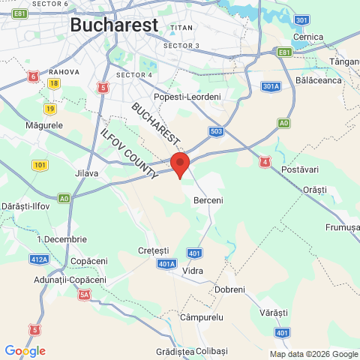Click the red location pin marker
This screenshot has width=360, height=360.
coord(179,164)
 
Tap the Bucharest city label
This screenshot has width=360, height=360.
coord(114,25)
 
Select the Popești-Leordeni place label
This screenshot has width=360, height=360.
coord(187,97)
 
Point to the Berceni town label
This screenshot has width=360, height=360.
coord(208,201)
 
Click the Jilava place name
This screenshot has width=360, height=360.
coord(87,173)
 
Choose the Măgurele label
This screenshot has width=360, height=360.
coord(43,124)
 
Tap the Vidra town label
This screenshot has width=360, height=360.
coord(193,270)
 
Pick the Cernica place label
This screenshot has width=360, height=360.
coord(308,37)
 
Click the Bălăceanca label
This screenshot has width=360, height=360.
coord(319,79)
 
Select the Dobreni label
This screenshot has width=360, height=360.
coord(229,289)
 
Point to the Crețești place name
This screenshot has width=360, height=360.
coord(154,250)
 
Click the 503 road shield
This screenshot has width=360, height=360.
coord(216,131)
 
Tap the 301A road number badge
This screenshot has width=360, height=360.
coord(271,86)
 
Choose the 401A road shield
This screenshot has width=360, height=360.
coord(167,264)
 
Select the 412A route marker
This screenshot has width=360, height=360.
coord(40,259)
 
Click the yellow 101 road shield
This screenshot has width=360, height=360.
coord(40,164)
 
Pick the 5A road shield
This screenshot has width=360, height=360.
coord(84,295)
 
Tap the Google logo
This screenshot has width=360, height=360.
coord(25,351)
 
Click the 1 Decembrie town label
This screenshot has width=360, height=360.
coord(61,239)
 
